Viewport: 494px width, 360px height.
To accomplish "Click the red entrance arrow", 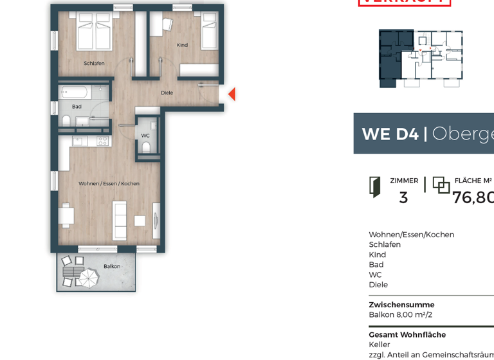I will click(232, 94).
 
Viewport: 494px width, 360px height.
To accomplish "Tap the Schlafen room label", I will click(94, 63).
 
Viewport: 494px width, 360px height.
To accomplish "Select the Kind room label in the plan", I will click(182, 45).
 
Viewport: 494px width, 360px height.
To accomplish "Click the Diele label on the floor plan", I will click(167, 93).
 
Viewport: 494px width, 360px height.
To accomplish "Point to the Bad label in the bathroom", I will click(77, 107).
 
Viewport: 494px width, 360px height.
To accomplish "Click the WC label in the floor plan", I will click(145, 136).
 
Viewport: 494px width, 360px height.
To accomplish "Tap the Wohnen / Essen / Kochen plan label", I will click(109, 184).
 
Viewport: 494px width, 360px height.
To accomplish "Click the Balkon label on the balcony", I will click(112, 266).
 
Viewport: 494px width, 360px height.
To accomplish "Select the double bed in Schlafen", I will click(95, 32).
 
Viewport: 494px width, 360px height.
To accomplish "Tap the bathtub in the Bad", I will click(75, 92).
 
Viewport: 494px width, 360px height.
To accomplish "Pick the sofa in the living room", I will click(119, 220).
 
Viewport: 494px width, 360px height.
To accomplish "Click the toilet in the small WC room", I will click(146, 147).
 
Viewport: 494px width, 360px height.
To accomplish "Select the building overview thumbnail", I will click(421, 58).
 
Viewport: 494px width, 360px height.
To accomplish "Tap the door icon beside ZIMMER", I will click(374, 186).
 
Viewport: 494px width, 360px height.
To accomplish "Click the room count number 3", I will click(403, 198).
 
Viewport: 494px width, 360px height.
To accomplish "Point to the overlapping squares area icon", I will click(441, 185).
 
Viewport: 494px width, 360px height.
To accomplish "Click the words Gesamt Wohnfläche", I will click(407, 335).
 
